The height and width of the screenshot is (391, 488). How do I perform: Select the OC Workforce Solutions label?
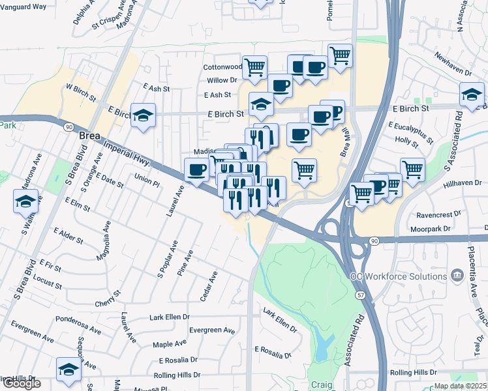(399, 276)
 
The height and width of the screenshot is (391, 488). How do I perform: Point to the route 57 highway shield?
(360, 295)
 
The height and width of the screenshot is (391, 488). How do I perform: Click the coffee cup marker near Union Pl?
(197, 171)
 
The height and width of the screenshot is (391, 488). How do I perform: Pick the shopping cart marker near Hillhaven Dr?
(412, 169)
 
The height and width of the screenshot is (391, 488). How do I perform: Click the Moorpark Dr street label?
(431, 229)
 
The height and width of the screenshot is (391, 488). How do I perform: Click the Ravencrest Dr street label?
(440, 212)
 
